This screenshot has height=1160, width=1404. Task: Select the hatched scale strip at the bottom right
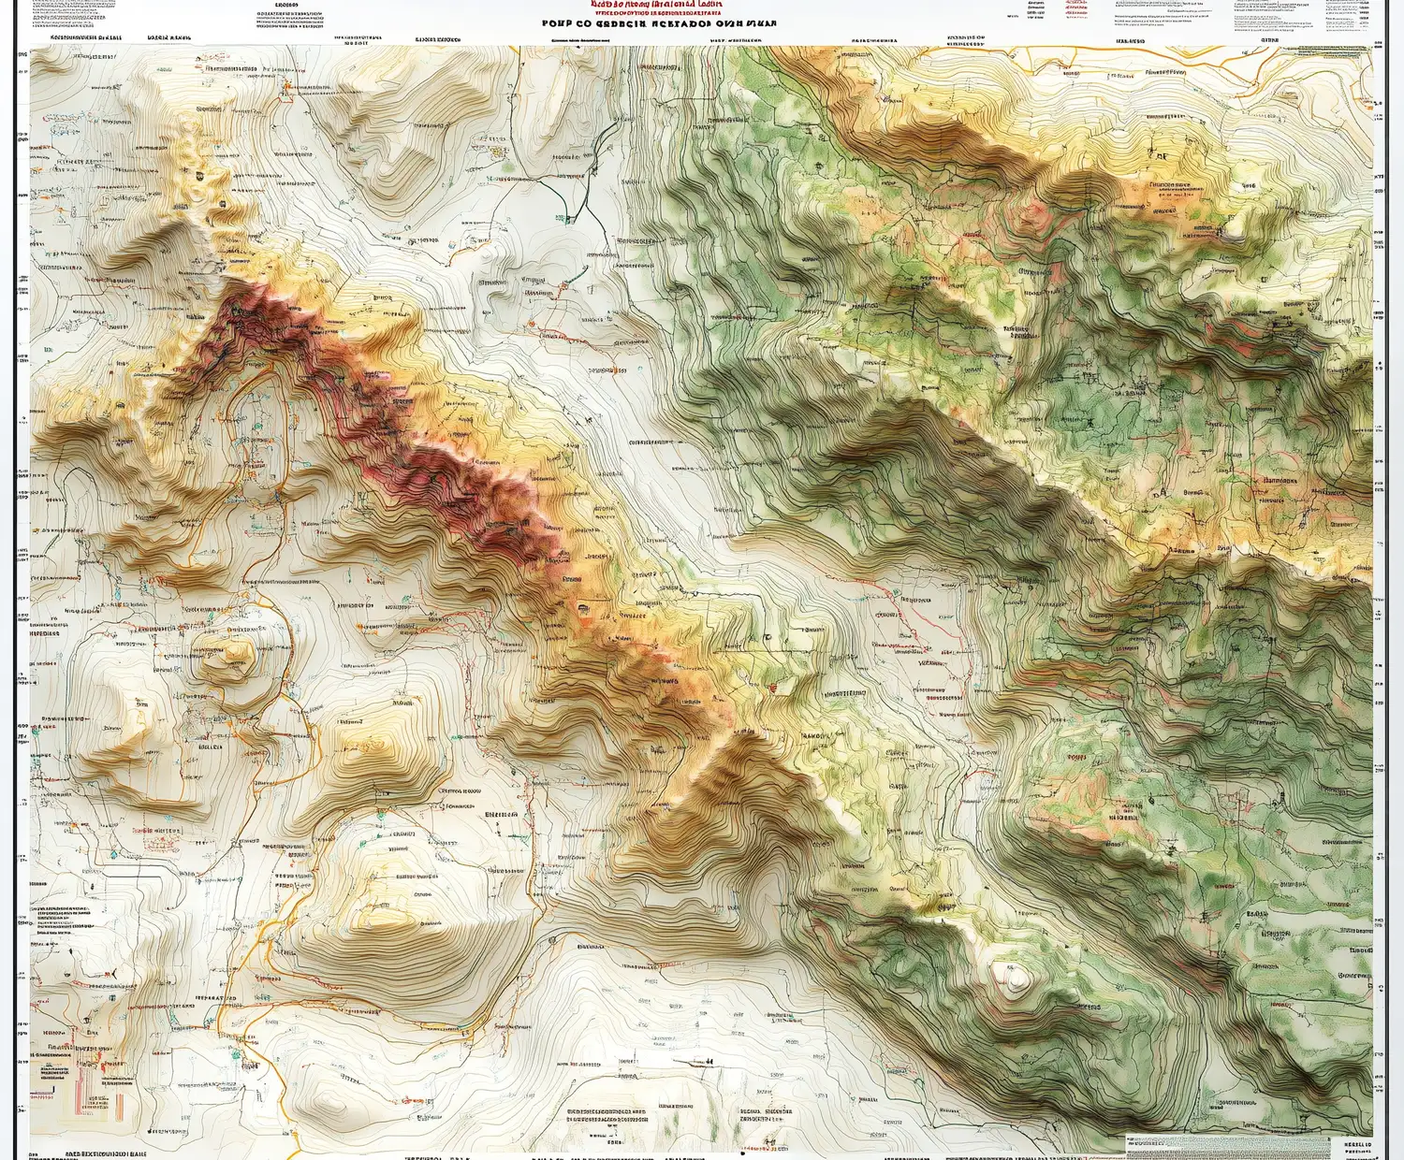[x=1227, y=1144]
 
